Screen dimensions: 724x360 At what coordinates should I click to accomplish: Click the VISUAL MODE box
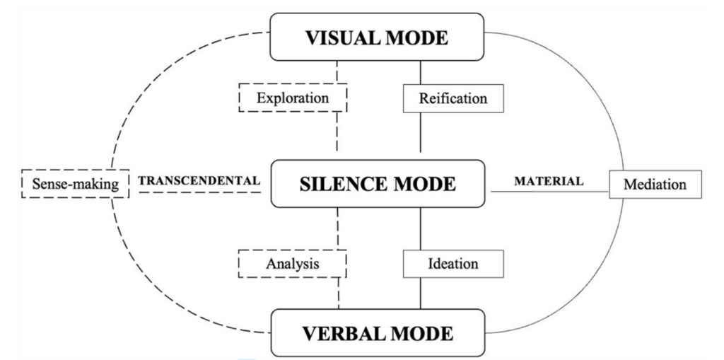coord(377,37)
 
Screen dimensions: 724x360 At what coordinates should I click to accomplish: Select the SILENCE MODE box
coord(378,184)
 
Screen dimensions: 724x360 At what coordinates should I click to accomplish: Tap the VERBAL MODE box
coord(378,332)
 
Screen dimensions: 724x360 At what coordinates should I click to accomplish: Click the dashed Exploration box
coord(293,98)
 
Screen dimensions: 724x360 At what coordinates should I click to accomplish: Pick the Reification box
coord(453,98)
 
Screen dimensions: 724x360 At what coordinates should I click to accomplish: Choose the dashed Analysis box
coord(292,263)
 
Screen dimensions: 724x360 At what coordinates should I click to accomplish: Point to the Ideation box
coord(453,264)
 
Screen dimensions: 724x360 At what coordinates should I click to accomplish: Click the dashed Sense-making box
coord(75,184)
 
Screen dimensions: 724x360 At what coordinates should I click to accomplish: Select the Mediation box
coord(655,185)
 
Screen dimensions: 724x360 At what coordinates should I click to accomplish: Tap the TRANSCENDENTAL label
coord(199,180)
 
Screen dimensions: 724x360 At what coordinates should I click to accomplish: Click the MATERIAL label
coord(549,181)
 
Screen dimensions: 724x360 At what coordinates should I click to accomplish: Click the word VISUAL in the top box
coord(343,37)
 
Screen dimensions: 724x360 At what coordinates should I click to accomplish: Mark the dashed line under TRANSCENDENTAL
coord(199,192)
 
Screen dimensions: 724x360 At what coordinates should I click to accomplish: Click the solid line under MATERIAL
coord(549,192)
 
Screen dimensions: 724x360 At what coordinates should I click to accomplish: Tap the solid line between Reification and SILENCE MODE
coord(420,132)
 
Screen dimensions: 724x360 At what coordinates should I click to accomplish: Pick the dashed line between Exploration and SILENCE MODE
coord(337,132)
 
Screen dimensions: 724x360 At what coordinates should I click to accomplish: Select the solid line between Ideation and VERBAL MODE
coord(420,294)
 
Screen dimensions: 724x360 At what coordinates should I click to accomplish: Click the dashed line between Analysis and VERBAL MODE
coord(339,293)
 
